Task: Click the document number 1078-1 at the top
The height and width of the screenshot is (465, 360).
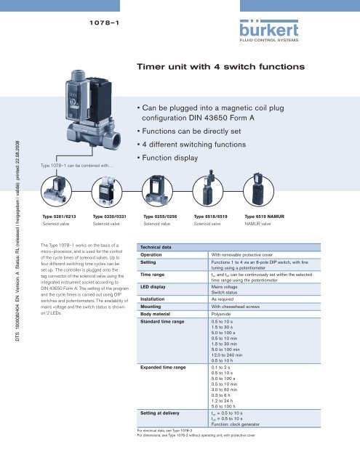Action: [x=102, y=23]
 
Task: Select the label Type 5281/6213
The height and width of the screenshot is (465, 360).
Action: [x=61, y=217]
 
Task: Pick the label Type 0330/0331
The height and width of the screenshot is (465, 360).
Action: [x=112, y=217]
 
